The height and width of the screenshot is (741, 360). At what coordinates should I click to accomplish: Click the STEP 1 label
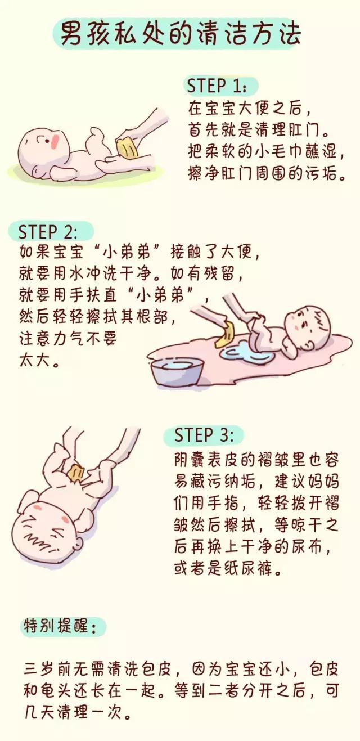[x=217, y=86]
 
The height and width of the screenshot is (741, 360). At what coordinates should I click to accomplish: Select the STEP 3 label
[x=201, y=435]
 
